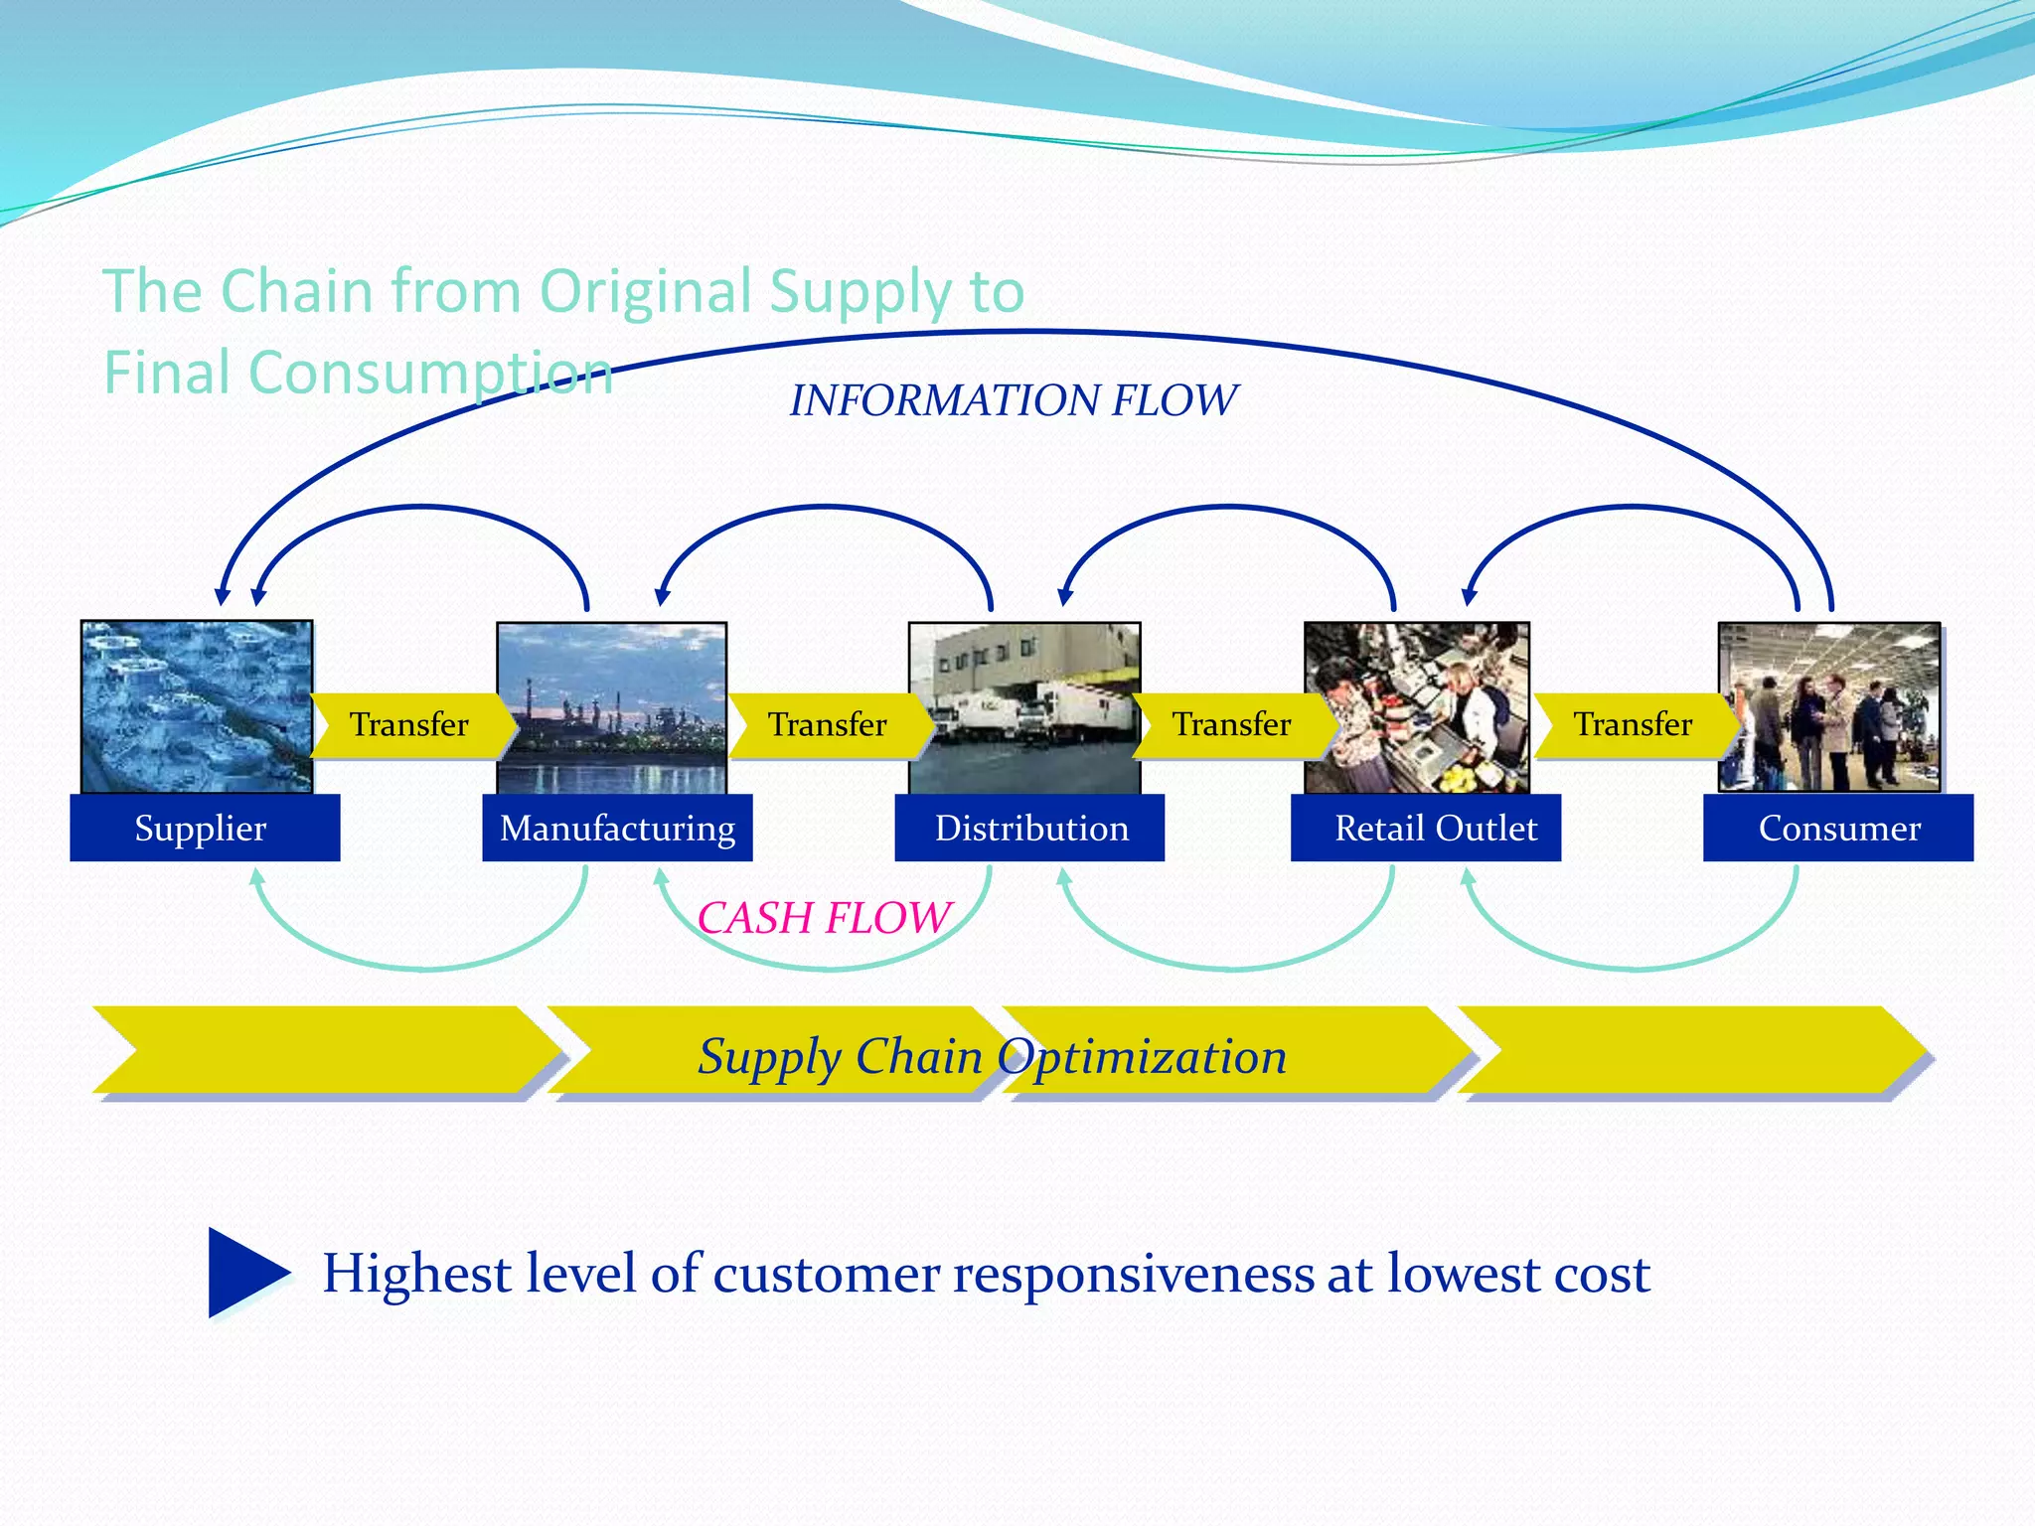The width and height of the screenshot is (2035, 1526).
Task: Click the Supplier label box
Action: tap(205, 828)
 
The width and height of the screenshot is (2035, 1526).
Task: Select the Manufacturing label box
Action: tap(617, 828)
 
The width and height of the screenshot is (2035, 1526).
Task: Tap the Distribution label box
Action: tap(1029, 828)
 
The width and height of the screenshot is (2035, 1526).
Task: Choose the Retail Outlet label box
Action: tap(1426, 828)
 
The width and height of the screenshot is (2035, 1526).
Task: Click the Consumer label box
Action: tap(1838, 828)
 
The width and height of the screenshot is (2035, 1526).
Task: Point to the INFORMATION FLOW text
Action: tap(1014, 400)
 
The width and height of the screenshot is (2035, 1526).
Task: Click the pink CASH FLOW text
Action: tap(824, 917)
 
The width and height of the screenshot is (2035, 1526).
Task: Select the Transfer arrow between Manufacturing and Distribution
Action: tap(828, 725)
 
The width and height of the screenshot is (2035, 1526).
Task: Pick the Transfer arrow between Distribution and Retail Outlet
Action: tap(1232, 725)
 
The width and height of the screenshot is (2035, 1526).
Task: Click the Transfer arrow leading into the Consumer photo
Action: tap(1633, 725)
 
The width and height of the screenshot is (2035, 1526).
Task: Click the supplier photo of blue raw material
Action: tap(197, 706)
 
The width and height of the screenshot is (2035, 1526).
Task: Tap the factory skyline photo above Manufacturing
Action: tap(611, 706)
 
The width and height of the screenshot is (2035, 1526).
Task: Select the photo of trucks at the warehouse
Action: tap(1024, 706)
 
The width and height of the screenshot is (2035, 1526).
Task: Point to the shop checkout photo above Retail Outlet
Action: tap(1416, 706)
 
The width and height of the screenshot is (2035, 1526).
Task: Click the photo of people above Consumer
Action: tap(1829, 706)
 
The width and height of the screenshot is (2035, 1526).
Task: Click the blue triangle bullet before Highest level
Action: tap(243, 1273)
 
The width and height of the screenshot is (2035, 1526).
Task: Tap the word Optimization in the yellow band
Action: tap(1143, 1056)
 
